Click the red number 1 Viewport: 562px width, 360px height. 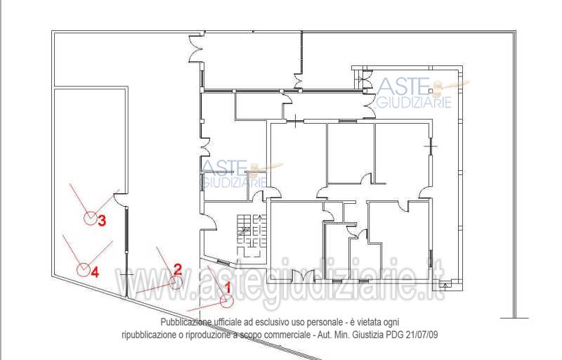(226, 288)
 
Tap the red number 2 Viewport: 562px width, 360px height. (178, 269)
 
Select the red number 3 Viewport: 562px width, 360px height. (102, 220)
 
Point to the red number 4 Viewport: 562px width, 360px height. (95, 273)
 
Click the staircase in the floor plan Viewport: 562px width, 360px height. (251, 235)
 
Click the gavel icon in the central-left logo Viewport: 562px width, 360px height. (266, 169)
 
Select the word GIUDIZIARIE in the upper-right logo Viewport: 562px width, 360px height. (414, 103)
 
